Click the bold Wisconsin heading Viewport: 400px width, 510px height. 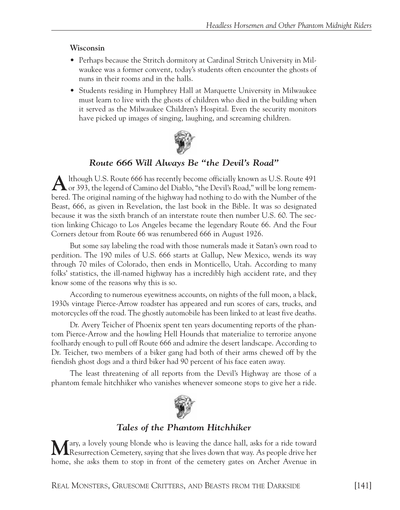pos(87,48)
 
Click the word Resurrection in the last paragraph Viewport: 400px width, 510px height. pos(90,453)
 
